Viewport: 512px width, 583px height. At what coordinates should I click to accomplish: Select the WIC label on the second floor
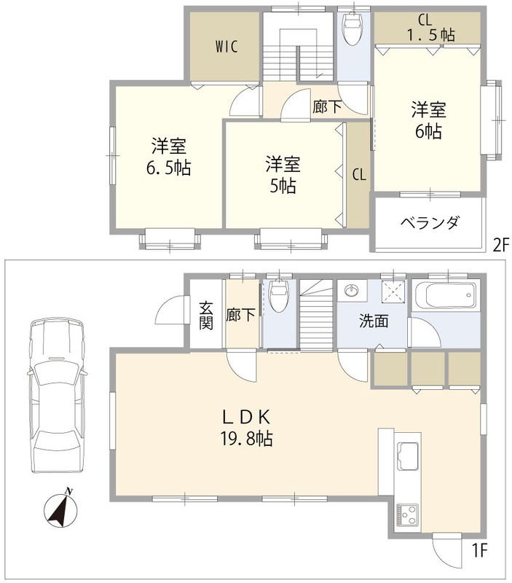pyautogui.click(x=226, y=47)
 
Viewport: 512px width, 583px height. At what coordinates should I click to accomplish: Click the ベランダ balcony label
pyautogui.click(x=430, y=223)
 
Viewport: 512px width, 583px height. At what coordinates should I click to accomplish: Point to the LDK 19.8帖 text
pyautogui.click(x=247, y=428)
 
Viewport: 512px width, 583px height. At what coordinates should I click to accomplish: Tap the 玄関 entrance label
pyautogui.click(x=206, y=316)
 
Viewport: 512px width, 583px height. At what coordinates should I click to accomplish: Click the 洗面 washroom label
pyautogui.click(x=374, y=321)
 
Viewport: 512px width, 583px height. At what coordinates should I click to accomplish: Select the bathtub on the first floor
pyautogui.click(x=446, y=296)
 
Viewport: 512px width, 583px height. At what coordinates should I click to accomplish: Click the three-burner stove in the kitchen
pyautogui.click(x=407, y=515)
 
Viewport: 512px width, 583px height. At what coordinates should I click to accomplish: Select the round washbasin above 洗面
pyautogui.click(x=351, y=289)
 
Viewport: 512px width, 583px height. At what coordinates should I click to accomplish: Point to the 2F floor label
pyautogui.click(x=500, y=246)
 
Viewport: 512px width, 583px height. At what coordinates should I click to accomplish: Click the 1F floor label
pyautogui.click(x=479, y=550)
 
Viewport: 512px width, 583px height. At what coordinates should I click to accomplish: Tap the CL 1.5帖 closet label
pyautogui.click(x=430, y=28)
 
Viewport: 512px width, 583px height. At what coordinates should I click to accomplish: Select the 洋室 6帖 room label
pyautogui.click(x=428, y=120)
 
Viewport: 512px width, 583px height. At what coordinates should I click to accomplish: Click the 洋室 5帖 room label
pyautogui.click(x=283, y=175)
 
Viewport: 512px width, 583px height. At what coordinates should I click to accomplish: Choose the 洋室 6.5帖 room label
pyautogui.click(x=169, y=157)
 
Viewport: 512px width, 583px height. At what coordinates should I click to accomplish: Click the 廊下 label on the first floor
pyautogui.click(x=240, y=316)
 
